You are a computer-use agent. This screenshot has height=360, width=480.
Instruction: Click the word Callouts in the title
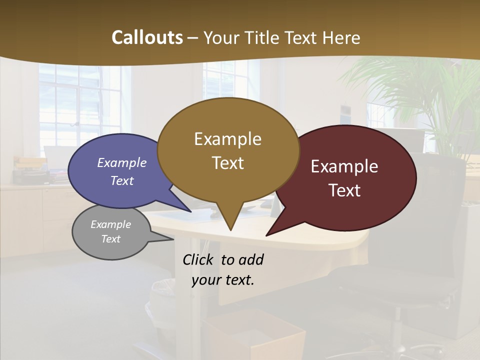147,37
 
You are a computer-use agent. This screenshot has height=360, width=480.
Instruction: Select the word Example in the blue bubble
122,162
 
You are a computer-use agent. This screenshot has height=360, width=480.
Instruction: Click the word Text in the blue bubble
122,180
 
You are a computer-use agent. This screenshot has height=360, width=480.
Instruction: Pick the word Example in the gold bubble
227,139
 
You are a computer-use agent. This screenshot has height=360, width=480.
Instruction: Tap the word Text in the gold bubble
227,163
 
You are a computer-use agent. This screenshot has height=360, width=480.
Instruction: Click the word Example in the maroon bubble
344,166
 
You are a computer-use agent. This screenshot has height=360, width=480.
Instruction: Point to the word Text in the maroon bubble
344,190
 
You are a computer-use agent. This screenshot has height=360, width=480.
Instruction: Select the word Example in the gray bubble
110,224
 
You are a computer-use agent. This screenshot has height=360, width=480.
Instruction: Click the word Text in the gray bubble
110,239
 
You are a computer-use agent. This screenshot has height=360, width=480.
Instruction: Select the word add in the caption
251,260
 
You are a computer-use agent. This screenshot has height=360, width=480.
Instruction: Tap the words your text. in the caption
223,280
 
